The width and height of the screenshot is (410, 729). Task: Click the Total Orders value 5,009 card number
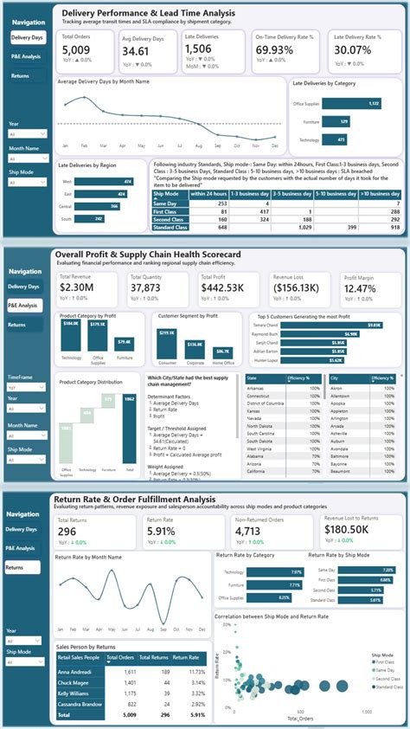(75, 51)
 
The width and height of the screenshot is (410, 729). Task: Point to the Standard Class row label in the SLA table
(168, 227)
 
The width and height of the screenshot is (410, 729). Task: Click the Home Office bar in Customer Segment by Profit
(222, 350)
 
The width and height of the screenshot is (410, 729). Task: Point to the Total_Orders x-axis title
(301, 718)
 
